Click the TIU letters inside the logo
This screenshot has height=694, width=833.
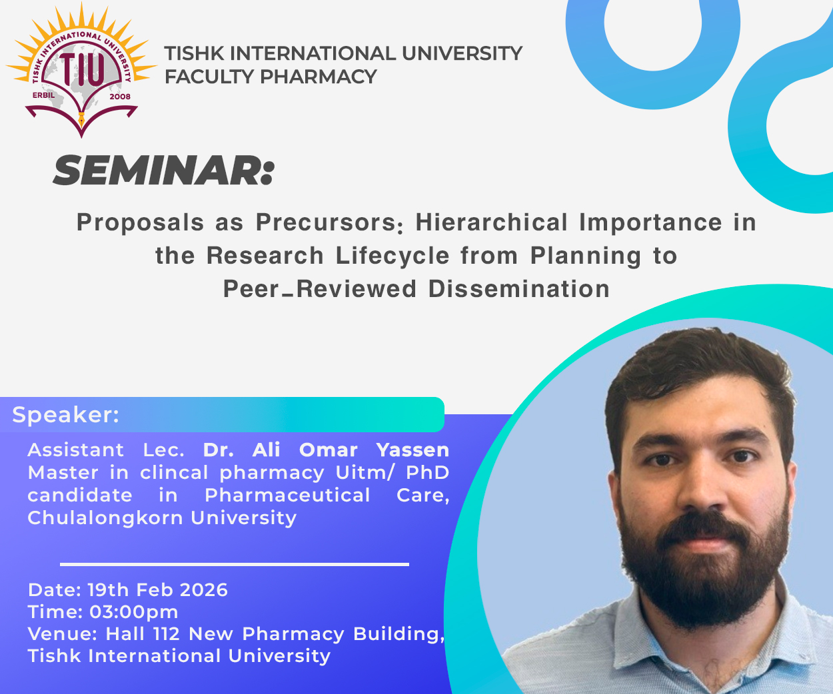(82, 70)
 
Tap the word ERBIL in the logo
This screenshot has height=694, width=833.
(43, 96)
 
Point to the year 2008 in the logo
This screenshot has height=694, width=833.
(120, 97)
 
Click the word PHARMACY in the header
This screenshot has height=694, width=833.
(319, 77)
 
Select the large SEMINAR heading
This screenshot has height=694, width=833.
(163, 171)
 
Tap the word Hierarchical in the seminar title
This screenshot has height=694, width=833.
(492, 222)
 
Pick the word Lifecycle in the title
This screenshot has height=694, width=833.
(393, 256)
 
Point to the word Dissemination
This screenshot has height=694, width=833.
(519, 289)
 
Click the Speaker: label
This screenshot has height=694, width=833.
(66, 415)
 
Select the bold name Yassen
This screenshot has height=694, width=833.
(413, 450)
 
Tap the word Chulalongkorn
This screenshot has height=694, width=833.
(104, 518)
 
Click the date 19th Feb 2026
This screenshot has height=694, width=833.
(157, 590)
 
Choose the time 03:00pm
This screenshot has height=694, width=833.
(134, 612)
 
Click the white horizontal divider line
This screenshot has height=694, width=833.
(235, 564)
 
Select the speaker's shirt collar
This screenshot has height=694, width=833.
(702, 642)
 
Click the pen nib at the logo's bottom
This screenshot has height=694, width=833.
(82, 120)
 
